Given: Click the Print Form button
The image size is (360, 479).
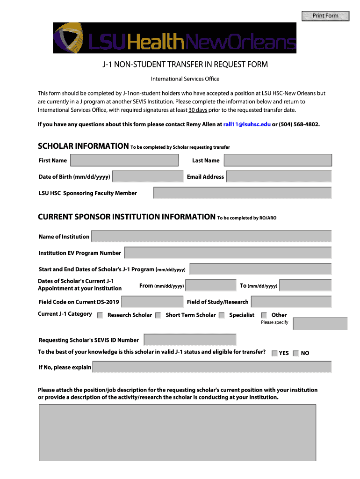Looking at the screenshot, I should click(x=325, y=16).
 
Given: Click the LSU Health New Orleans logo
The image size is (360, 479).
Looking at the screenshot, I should click(x=174, y=38).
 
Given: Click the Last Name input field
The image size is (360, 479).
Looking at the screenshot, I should click(x=278, y=160).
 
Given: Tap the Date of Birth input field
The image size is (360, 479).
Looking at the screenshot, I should click(x=148, y=177).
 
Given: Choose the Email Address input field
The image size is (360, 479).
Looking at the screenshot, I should click(x=279, y=177).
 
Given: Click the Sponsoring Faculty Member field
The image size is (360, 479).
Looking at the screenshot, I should click(x=242, y=193).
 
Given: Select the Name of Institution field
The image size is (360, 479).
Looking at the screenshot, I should click(x=211, y=236).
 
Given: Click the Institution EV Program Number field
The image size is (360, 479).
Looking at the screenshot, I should click(x=228, y=253).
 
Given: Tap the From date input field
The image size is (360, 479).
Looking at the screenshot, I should click(x=211, y=285).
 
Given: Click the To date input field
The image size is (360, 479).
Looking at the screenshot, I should click(x=305, y=285).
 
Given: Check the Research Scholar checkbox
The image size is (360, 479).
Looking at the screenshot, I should click(x=100, y=315).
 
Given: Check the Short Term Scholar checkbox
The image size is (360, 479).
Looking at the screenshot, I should click(x=158, y=315).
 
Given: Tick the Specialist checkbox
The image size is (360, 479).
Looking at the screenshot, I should click(x=222, y=315).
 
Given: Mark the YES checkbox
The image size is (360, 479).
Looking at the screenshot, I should click(x=274, y=354).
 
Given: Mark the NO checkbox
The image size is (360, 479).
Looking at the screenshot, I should click(x=295, y=354).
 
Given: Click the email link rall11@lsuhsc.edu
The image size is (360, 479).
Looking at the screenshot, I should click(x=247, y=124).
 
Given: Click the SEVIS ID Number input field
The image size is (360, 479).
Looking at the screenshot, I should click(x=190, y=340).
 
